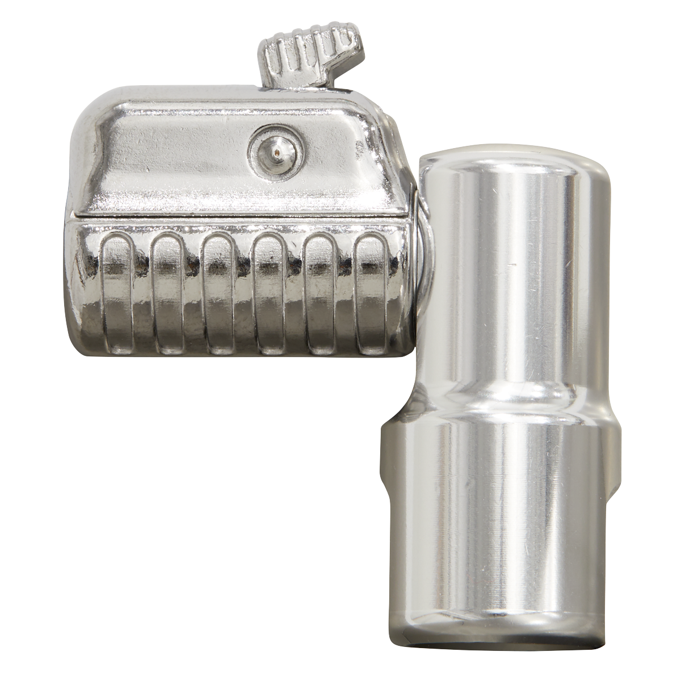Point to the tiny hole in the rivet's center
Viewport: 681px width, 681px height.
275,150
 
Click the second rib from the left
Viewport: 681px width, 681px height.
168,295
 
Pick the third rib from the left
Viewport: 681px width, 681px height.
218,295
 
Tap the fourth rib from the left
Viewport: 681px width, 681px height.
269,295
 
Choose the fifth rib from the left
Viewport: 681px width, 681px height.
320,295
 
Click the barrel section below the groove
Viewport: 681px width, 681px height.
499,511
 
